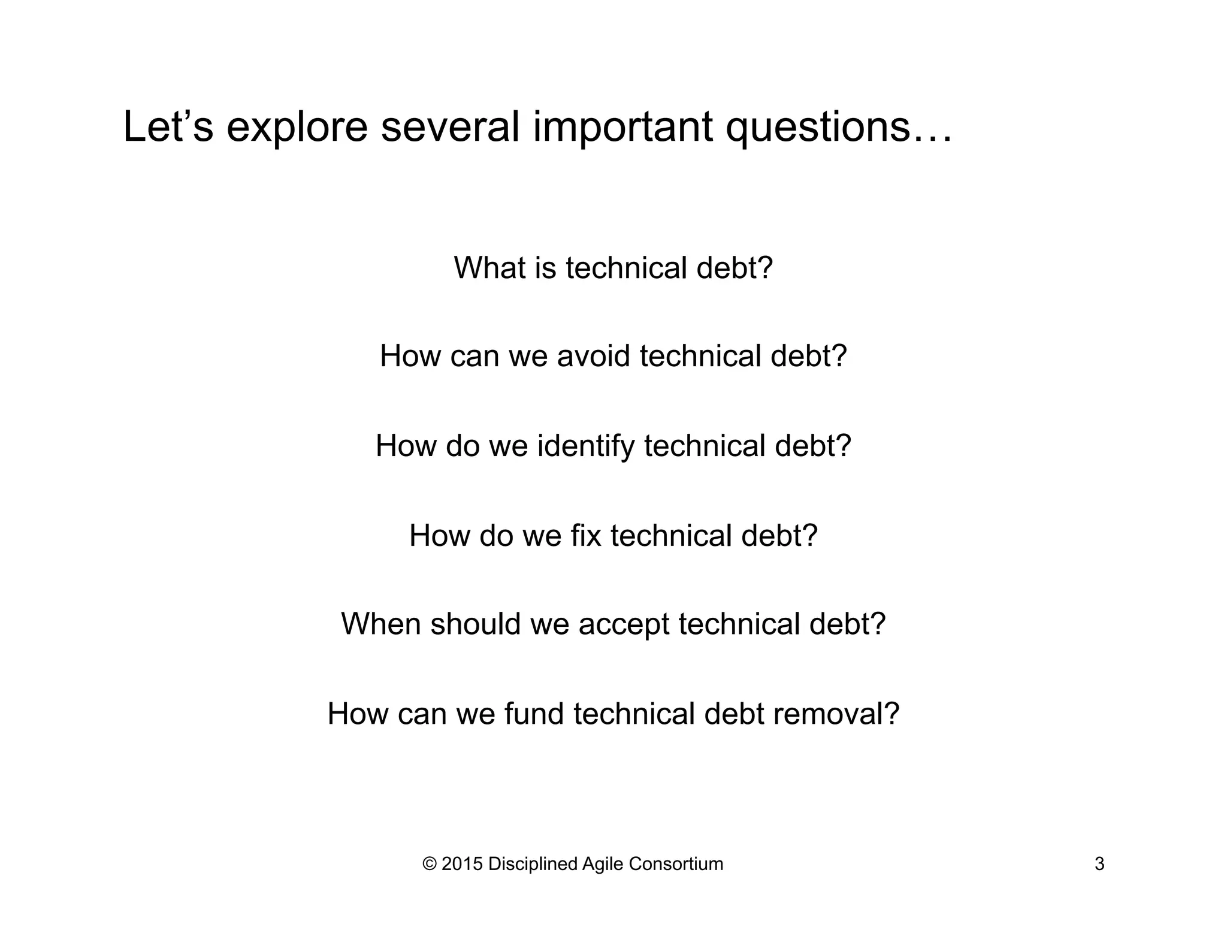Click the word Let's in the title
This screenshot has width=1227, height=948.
point(168,127)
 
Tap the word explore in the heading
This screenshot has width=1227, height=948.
point(297,128)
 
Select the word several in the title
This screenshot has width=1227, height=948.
point(450,127)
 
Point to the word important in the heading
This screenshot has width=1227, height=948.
point(623,128)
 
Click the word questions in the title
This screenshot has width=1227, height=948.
point(818,128)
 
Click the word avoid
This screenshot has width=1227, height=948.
point(594,356)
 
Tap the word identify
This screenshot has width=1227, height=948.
point(586,446)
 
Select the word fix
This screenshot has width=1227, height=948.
point(585,535)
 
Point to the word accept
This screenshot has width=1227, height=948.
point(623,625)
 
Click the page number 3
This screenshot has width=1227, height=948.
point(1099,864)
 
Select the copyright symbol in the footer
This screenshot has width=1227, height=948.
point(430,864)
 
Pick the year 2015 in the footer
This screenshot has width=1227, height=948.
point(462,864)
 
